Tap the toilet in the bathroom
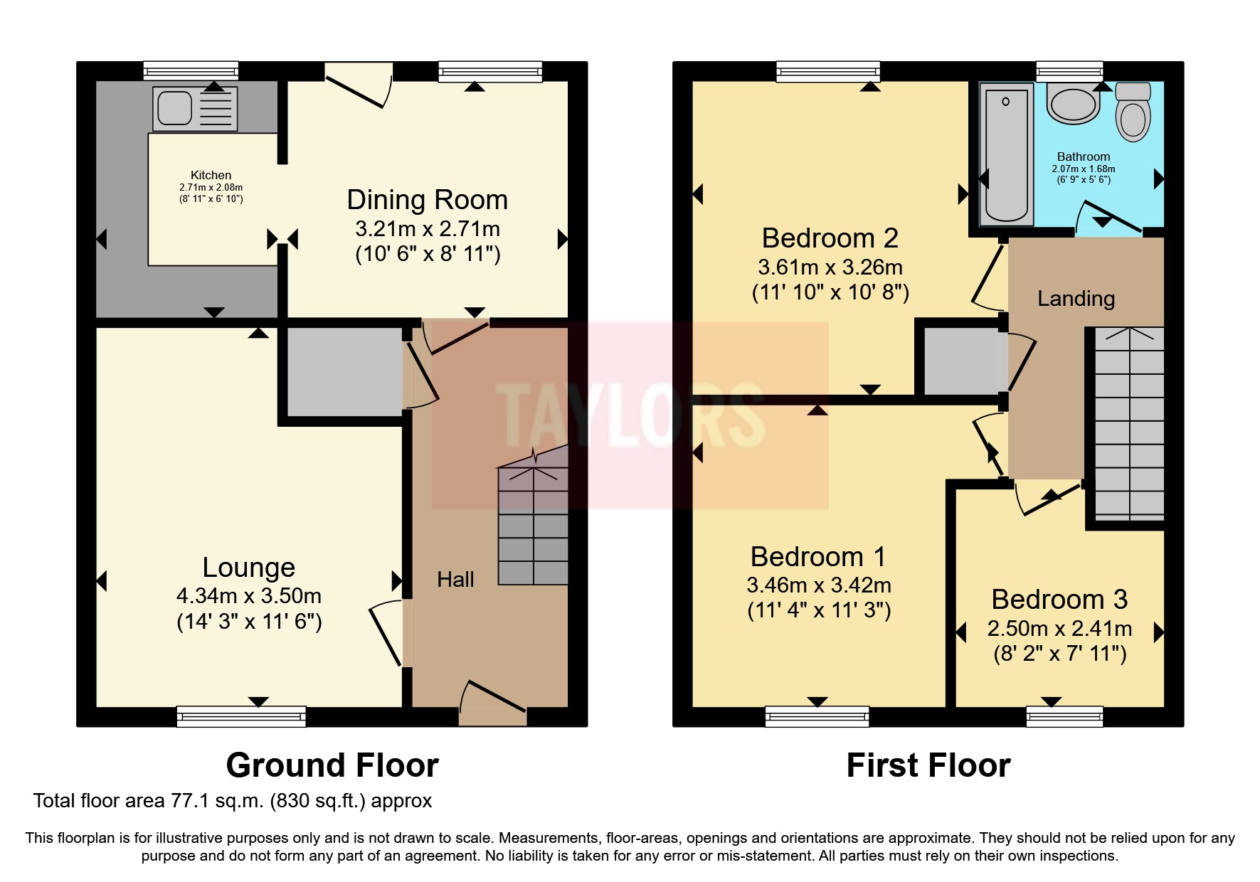(1132, 114)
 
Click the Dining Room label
(427, 200)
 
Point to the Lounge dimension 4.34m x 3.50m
(249, 595)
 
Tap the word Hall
(455, 580)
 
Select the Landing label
(1076, 299)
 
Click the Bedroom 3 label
(1059, 600)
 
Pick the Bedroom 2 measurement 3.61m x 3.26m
(830, 267)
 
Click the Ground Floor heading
(332, 765)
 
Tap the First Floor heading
(928, 765)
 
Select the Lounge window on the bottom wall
(241, 716)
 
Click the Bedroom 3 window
(1064, 716)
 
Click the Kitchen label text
(211, 175)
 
